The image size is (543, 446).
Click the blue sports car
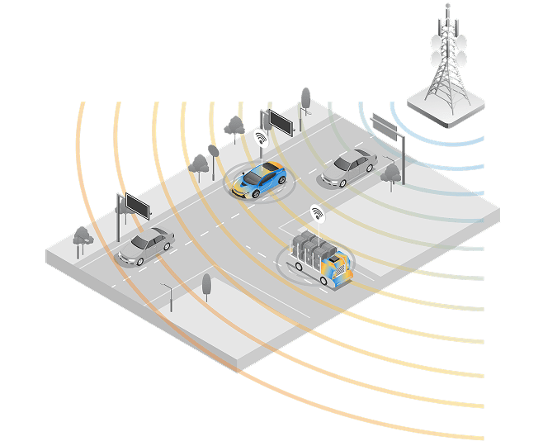pos(258,181)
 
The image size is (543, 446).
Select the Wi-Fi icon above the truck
pos(317,214)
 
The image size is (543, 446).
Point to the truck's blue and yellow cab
pos(338,268)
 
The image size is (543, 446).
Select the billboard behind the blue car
pos(280,123)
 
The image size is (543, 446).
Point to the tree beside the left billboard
pos(83,236)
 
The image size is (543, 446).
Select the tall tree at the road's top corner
pos(305,97)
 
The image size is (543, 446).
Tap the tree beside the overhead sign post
pos(391,173)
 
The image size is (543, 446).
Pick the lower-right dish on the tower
pos(463,59)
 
